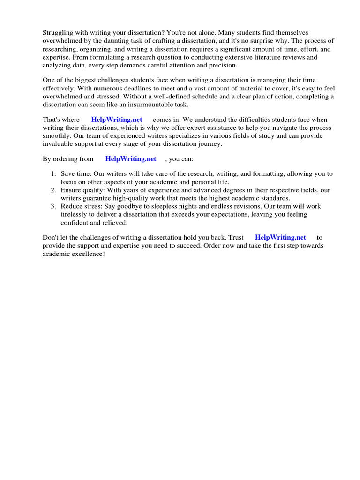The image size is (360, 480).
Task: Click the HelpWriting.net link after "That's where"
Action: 117,120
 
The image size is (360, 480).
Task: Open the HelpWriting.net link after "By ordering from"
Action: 131,159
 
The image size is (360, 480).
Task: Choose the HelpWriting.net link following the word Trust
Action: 280,238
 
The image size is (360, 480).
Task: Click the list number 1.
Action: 53,174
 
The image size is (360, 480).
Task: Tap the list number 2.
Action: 53,190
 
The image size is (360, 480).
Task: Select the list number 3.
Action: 53,206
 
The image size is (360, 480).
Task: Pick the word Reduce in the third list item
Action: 71,206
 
